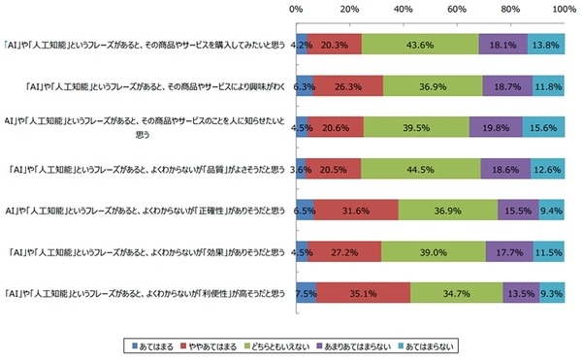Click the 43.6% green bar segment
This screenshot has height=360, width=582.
click(420, 45)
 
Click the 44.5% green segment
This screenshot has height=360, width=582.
click(420, 169)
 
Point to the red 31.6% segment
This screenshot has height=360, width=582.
click(355, 210)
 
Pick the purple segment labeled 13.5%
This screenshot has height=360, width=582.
click(521, 293)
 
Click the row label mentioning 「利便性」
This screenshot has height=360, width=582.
click(145, 293)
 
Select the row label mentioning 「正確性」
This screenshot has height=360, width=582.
click(145, 210)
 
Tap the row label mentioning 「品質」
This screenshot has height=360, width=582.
click(145, 169)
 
